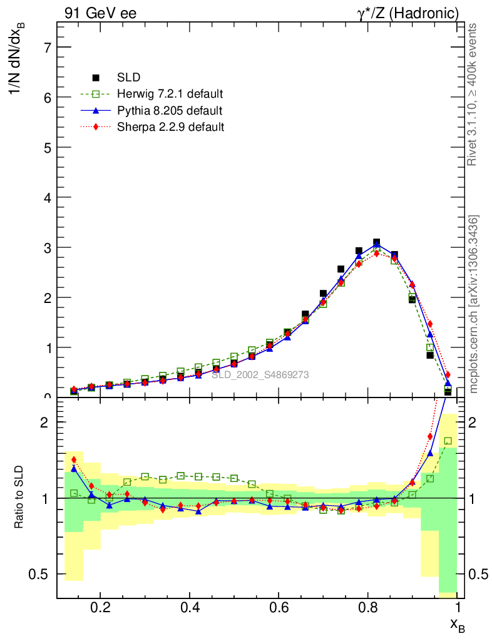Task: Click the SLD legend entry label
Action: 129,78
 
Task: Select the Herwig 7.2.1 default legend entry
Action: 170,94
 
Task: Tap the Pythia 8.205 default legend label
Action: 169,111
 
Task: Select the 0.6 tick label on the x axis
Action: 279,607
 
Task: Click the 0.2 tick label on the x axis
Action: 100,607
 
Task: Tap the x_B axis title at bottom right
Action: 457,624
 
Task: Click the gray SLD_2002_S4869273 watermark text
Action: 260,375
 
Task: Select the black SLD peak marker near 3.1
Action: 377,242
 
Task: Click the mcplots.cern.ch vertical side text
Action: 474,304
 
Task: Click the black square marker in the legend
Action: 96,78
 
